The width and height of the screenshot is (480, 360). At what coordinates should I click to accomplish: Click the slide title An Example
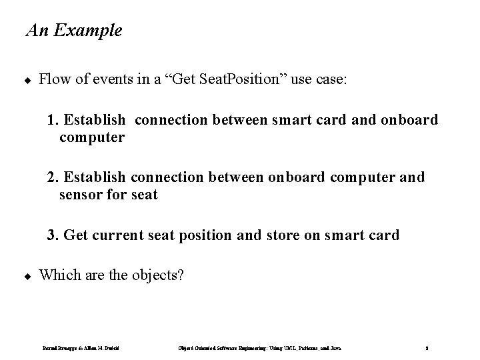pyautogui.click(x=73, y=31)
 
